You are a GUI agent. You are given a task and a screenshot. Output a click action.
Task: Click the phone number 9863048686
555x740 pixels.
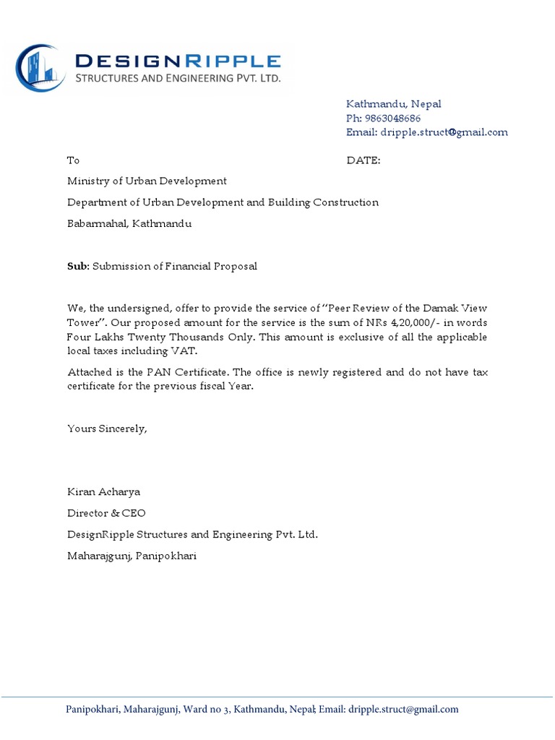pyautogui.click(x=392, y=118)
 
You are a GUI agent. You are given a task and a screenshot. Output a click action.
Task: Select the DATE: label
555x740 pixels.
pyautogui.click(x=363, y=160)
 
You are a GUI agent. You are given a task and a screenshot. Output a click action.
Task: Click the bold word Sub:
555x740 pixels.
pyautogui.click(x=78, y=267)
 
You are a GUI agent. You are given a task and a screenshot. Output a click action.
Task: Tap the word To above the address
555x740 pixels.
pyautogui.click(x=73, y=160)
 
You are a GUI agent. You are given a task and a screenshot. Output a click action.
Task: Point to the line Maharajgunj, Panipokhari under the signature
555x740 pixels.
pyautogui.click(x=132, y=556)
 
